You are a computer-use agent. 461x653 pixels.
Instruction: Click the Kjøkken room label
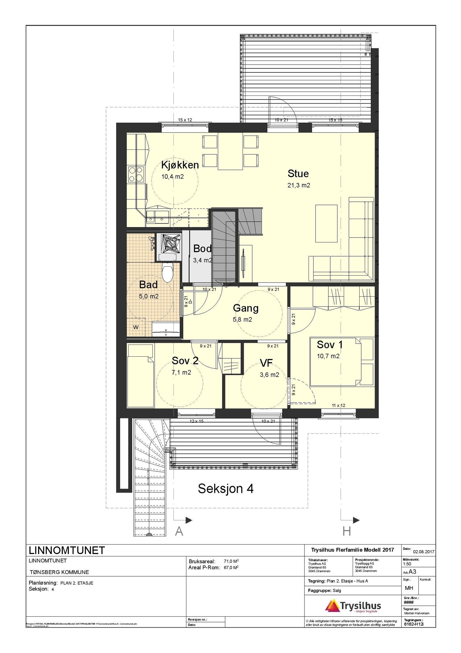[180, 165]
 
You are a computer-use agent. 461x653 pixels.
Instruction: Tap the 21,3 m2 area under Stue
[298, 185]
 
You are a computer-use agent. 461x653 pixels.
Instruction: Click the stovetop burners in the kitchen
[136, 174]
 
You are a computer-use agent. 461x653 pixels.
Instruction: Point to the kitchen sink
[157, 217]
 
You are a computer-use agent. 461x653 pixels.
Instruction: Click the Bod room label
[202, 248]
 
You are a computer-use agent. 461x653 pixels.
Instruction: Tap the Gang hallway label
[245, 308]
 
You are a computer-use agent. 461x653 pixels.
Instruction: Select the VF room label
[266, 363]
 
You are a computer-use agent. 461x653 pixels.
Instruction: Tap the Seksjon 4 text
[226, 489]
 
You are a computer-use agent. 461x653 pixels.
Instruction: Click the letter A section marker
[179, 531]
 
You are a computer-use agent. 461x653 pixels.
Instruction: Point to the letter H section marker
[347, 531]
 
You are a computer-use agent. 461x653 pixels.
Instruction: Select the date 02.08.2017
[424, 552]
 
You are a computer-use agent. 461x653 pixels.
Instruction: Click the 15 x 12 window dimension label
[185, 120]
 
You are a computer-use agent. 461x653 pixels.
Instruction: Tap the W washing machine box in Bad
[136, 327]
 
